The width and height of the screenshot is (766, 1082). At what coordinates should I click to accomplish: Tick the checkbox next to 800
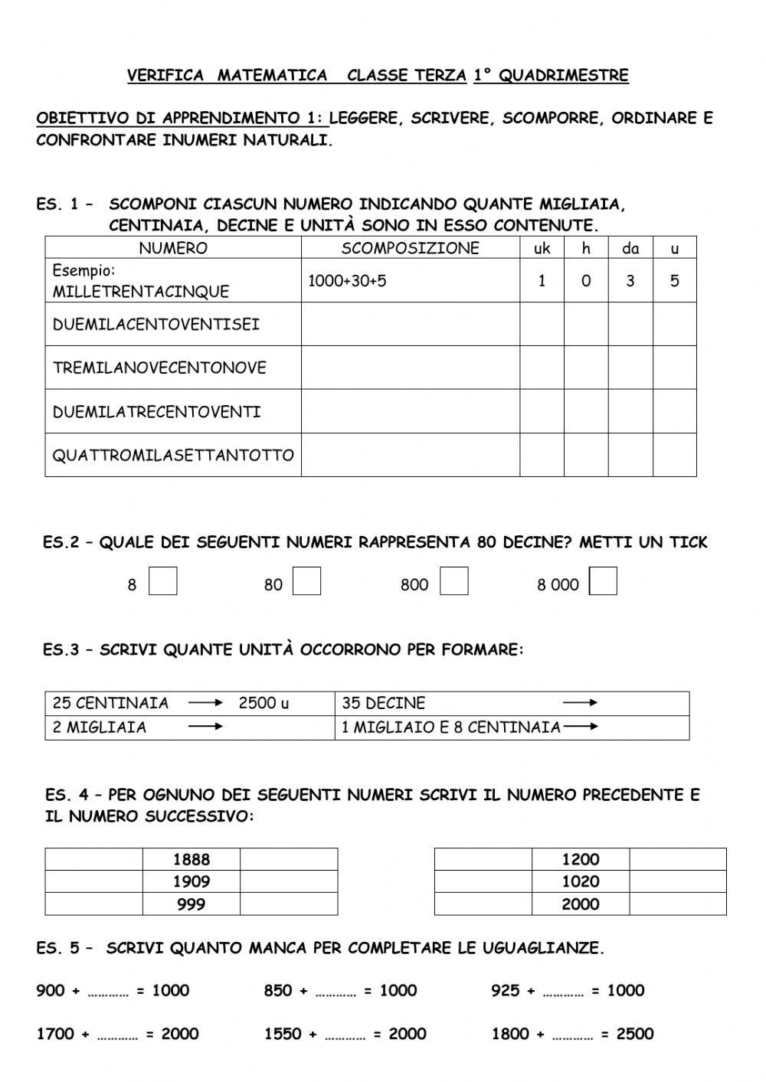(453, 582)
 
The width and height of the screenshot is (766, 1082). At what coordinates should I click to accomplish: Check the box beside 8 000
(603, 582)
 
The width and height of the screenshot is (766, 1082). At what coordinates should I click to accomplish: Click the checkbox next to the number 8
(162, 582)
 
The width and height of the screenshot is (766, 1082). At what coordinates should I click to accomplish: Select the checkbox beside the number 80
(306, 582)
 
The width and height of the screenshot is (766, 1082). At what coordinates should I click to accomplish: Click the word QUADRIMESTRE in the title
(563, 76)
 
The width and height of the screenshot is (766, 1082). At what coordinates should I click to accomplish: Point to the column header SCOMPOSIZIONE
(410, 248)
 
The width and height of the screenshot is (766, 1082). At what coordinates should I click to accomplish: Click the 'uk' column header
(542, 248)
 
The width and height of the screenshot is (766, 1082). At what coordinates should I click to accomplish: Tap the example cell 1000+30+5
(347, 281)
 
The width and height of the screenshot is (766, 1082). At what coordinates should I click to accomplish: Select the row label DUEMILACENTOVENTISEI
(156, 325)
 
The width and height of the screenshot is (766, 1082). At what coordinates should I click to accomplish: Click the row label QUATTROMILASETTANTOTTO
(173, 456)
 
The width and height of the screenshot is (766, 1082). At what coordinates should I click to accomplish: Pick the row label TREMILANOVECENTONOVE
(159, 368)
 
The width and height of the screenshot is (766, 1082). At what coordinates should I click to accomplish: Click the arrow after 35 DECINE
(580, 703)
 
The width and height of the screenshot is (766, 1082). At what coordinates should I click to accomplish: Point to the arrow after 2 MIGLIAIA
(205, 727)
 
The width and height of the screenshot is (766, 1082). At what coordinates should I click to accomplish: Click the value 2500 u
(264, 703)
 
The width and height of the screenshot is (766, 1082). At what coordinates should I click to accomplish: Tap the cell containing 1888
(191, 860)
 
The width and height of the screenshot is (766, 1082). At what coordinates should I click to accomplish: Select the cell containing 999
(191, 904)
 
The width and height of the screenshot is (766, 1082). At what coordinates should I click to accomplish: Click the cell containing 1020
(581, 882)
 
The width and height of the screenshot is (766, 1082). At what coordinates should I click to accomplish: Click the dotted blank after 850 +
(336, 992)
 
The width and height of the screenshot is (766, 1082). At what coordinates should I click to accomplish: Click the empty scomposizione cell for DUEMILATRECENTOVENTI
(410, 412)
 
